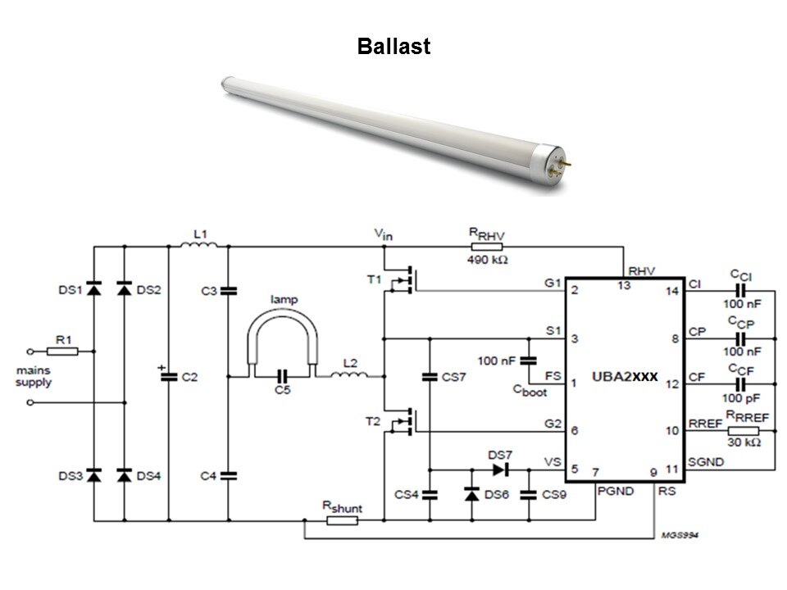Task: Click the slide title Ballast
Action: (x=393, y=47)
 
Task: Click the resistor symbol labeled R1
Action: (x=63, y=351)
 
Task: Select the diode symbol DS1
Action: (x=93, y=288)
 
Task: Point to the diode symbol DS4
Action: (x=125, y=475)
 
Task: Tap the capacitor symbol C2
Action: (x=169, y=377)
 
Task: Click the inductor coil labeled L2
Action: (x=350, y=376)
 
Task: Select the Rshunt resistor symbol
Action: (x=342, y=520)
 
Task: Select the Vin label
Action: (x=384, y=235)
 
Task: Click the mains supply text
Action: (x=33, y=376)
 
